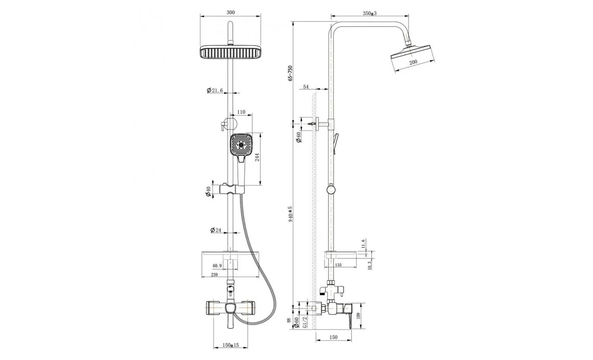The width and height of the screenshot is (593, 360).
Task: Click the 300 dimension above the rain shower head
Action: (x=230, y=12)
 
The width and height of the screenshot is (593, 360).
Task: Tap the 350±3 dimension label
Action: (x=369, y=13)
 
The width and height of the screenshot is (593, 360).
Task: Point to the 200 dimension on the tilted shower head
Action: (x=413, y=62)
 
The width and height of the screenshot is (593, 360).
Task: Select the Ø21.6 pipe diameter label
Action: (x=215, y=91)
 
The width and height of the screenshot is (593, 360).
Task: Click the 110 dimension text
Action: (x=241, y=112)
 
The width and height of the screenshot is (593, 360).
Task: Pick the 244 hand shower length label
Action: (x=257, y=157)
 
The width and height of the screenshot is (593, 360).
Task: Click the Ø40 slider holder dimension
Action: (x=208, y=191)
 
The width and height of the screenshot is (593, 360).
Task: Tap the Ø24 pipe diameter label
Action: (x=216, y=230)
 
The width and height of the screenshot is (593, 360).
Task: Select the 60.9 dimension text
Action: (x=217, y=266)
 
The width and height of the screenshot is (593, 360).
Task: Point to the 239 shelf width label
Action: (x=214, y=275)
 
